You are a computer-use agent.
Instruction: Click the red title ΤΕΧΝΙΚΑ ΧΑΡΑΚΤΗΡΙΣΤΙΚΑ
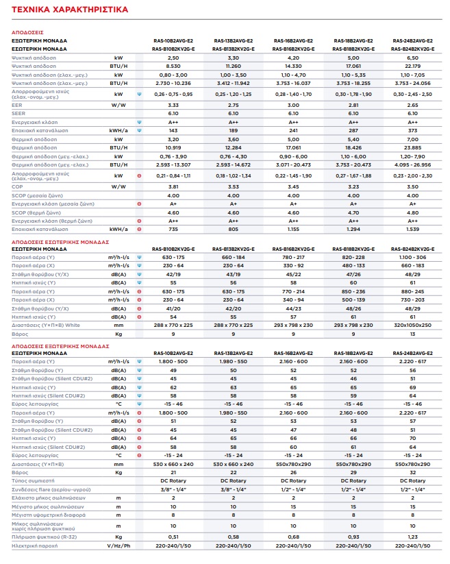click(x=70, y=10)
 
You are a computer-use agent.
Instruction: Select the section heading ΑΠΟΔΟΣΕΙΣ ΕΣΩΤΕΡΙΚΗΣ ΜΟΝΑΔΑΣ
click(x=60, y=242)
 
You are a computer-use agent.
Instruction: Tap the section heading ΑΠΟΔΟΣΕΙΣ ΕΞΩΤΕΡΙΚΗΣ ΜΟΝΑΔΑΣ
click(x=60, y=346)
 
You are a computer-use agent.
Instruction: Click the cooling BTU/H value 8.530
click(x=173, y=66)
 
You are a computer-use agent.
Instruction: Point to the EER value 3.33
click(x=173, y=105)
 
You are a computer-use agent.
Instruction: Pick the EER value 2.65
click(x=412, y=105)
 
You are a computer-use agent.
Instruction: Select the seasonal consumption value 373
click(x=412, y=131)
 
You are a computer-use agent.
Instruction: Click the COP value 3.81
click(x=173, y=186)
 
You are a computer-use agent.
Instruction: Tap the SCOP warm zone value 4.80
click(x=412, y=212)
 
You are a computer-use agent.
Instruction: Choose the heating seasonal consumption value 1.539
click(x=412, y=229)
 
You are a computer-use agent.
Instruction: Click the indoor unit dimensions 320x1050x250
click(x=412, y=325)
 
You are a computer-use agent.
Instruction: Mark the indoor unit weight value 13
click(x=412, y=334)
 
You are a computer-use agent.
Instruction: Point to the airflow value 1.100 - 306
click(x=412, y=257)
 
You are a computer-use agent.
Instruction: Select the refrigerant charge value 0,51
click(x=173, y=537)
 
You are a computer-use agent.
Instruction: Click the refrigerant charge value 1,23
click(x=412, y=537)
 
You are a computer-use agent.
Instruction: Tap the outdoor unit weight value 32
click(x=412, y=472)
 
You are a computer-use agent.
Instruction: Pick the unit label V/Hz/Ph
click(x=118, y=545)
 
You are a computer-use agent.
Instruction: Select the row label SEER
click(x=18, y=113)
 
